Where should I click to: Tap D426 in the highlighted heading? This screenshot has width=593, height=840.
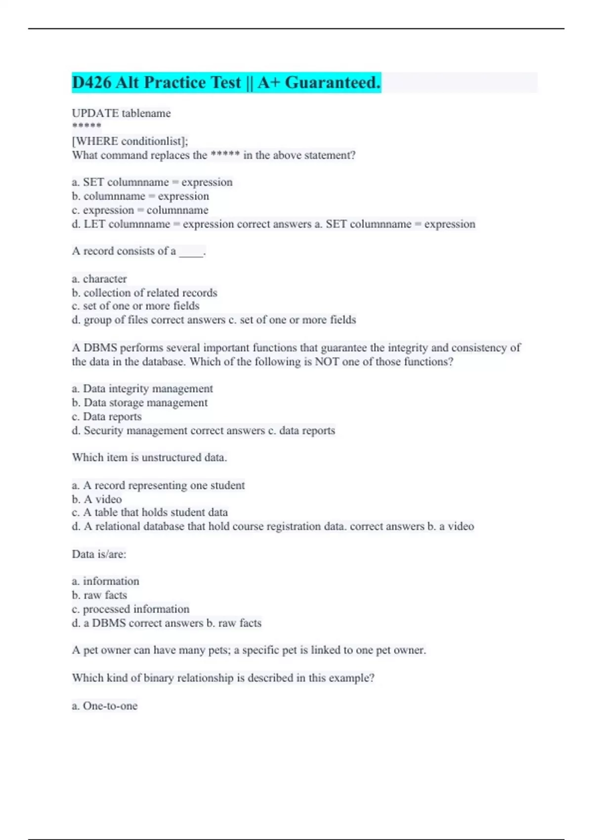click(91, 83)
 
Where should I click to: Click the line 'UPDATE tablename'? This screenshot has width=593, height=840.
click(122, 113)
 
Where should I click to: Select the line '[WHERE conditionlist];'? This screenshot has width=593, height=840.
click(130, 141)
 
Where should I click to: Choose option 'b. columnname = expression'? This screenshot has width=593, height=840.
click(140, 196)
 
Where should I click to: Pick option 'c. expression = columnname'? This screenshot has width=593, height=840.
click(140, 210)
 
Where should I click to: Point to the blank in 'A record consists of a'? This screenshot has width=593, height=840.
click(191, 252)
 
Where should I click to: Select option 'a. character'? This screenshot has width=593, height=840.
click(99, 279)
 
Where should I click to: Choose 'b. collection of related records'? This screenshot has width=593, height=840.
click(144, 293)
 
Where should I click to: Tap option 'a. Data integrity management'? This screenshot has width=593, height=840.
click(142, 389)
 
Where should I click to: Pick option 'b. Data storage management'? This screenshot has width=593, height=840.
click(139, 403)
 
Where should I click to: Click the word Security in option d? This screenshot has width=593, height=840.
click(103, 431)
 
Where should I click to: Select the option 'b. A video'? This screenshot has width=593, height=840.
click(97, 499)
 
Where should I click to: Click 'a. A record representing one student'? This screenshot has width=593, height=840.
click(158, 485)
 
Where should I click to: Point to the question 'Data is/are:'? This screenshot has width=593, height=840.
click(99, 554)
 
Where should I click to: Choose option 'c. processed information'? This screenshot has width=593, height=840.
click(130, 609)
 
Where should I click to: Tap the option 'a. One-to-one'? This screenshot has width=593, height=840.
click(105, 706)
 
